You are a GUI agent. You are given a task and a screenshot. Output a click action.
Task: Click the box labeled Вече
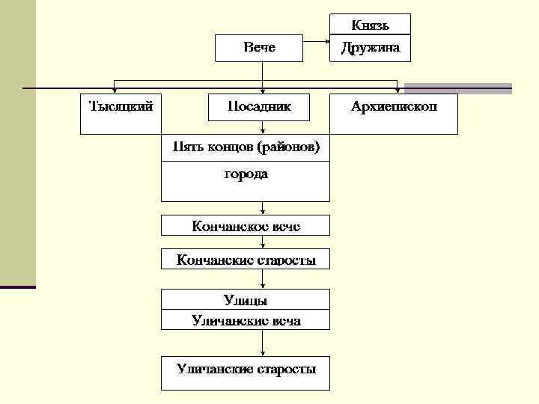259,48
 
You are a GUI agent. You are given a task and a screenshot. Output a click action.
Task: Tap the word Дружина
370,48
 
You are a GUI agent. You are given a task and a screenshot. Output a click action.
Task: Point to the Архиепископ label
395,106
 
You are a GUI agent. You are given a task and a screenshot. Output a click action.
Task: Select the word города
246,174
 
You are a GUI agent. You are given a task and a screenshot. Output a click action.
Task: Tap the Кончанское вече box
246,224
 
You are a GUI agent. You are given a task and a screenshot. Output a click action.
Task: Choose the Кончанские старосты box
246,260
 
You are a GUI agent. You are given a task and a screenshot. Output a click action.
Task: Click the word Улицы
246,300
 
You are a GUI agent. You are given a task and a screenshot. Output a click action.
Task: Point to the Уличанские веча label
246,320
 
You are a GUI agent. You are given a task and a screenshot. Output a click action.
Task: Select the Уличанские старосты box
246,369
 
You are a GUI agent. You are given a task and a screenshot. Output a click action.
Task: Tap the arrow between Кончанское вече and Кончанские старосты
262,242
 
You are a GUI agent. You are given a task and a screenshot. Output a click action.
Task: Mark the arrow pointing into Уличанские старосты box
262,344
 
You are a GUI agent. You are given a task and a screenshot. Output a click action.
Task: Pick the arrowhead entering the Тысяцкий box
114,90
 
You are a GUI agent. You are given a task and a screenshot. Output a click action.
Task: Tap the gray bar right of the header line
457,88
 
